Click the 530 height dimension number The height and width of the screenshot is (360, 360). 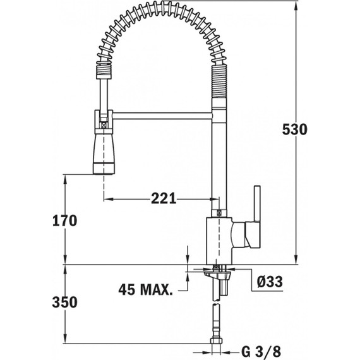point(294,129)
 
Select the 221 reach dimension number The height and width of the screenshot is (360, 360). point(164,198)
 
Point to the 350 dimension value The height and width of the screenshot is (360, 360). point(64,302)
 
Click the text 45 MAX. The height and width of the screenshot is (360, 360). point(146,290)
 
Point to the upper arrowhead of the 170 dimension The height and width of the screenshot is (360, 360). point(65,179)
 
